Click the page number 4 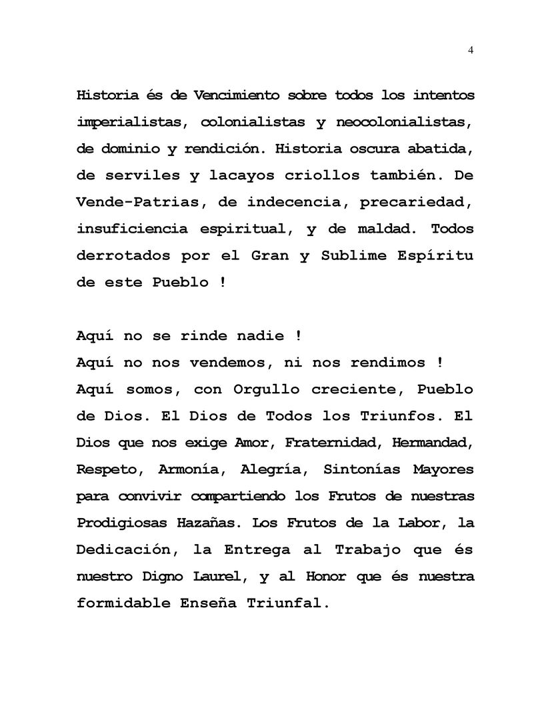pyautogui.click(x=471, y=50)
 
